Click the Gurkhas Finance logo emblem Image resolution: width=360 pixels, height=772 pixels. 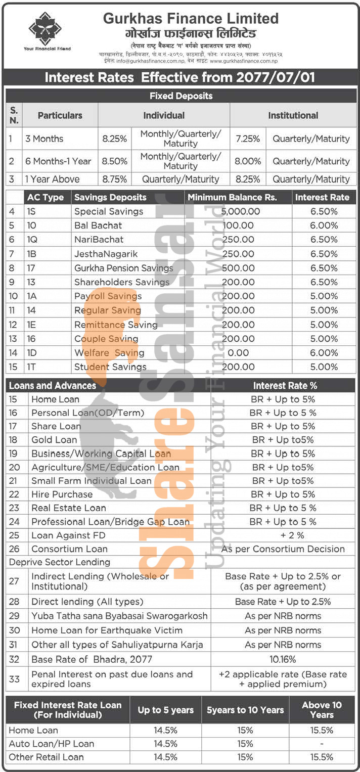pyautogui.click(x=44, y=29)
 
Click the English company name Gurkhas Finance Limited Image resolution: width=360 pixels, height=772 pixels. pyautogui.click(x=191, y=19)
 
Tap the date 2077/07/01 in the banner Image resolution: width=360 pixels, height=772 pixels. pyautogui.click(x=275, y=77)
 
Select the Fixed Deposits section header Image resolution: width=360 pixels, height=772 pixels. pyautogui.click(x=181, y=96)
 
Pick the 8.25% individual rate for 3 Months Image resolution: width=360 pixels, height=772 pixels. pyautogui.click(x=114, y=139)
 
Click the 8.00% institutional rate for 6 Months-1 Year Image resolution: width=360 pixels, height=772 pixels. pyautogui.click(x=248, y=161)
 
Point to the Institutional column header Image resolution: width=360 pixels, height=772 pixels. pyautogui.click(x=293, y=115)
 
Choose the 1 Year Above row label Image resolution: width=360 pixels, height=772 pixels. pyautogui.click(x=52, y=179)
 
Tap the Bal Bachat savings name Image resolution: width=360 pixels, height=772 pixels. pyautogui.click(x=98, y=225)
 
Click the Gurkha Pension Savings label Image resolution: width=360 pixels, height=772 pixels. pyautogui.click(x=123, y=268)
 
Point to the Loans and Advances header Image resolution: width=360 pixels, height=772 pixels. pyautogui.click(x=52, y=386)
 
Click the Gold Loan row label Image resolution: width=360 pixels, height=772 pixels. pyautogui.click(x=54, y=440)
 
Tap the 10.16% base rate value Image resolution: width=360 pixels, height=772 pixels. pyautogui.click(x=283, y=659)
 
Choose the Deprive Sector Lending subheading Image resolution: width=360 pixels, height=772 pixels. pyautogui.click(x=59, y=562)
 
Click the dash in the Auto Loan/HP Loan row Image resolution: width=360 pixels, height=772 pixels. pyautogui.click(x=322, y=744)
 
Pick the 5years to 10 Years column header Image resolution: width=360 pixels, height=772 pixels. pyautogui.click(x=245, y=710)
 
